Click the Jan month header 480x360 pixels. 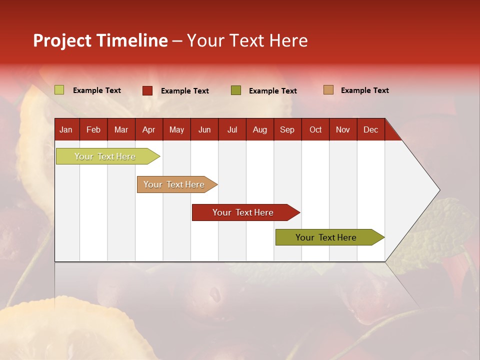point(66,129)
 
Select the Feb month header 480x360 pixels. point(93,129)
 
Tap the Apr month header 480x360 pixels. point(148,129)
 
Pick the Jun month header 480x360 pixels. point(204,129)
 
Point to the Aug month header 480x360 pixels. point(259,129)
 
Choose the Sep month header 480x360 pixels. point(287,129)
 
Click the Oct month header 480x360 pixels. point(315,129)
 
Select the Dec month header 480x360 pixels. point(370,129)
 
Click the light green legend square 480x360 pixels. point(59,90)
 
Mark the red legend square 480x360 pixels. point(147,90)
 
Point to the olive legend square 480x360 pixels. point(236,90)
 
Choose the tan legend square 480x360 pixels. point(328,90)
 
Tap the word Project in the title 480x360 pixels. point(62,40)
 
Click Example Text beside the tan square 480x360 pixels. point(364,90)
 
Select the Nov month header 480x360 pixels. point(343,129)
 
